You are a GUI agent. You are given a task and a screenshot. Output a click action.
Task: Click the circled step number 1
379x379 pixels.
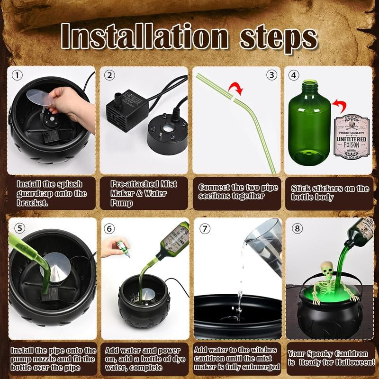pos(18,75)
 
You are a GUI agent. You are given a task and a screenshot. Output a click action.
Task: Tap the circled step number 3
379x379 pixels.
pos(271,75)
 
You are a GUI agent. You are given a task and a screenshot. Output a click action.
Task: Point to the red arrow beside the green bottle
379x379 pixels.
pos(338,104)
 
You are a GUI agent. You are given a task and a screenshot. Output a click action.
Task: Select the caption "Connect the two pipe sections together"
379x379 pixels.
pos(238,191)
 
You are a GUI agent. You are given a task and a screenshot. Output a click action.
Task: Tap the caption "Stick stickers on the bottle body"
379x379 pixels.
pos(330,192)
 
